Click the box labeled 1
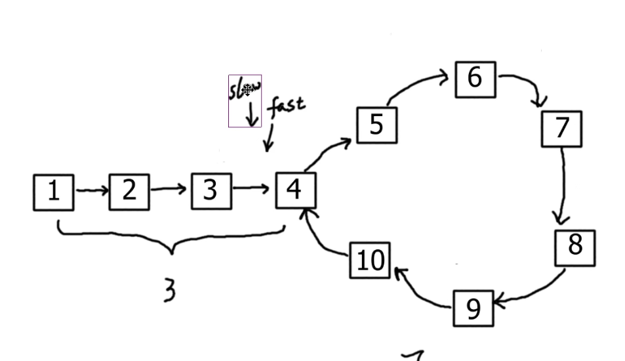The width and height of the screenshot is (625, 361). tap(53, 192)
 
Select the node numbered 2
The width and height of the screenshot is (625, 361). tap(129, 192)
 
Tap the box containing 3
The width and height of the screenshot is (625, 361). tap(211, 191)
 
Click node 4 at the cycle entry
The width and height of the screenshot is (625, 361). tap(295, 190)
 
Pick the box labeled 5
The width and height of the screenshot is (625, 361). tap(376, 125)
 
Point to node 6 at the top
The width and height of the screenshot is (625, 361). tap(475, 79)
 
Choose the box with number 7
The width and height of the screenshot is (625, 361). tap(561, 129)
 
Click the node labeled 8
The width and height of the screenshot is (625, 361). tap(575, 247)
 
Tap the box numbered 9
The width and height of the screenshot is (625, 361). tap(473, 308)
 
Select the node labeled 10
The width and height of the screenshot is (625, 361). tap(370, 261)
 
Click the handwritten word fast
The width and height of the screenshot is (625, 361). tap(286, 106)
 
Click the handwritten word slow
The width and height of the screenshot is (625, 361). tap(245, 89)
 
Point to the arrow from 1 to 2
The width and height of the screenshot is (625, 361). tap(92, 191)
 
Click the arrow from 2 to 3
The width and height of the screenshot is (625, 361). tap(169, 190)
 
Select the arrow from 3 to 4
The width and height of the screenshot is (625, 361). tap(252, 190)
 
